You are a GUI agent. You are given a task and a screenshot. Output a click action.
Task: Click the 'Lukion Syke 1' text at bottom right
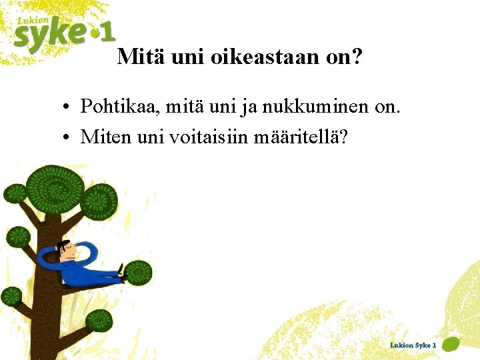click(x=413, y=345)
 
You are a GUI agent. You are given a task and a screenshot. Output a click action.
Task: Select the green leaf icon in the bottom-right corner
click(x=451, y=345)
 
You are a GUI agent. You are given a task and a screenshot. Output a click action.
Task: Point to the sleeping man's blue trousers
click(x=93, y=274)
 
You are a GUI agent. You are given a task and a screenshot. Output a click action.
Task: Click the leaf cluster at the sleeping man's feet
click(x=138, y=273)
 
